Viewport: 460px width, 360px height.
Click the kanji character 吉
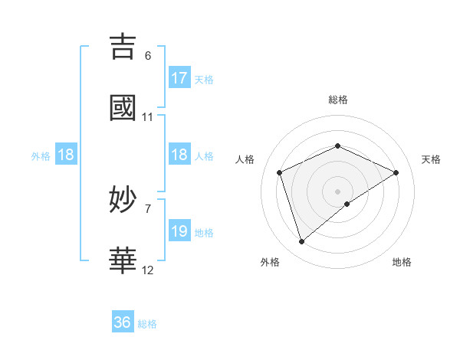tap(123, 47)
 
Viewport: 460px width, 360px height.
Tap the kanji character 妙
tap(123, 200)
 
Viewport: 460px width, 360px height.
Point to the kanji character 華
tap(123, 260)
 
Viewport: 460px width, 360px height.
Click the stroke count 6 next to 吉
tap(148, 56)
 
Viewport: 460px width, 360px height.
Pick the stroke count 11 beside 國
tap(148, 117)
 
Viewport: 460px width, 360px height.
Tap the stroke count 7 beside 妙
tap(148, 209)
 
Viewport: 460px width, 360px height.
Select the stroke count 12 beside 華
tap(148, 270)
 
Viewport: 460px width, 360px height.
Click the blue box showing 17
tap(179, 78)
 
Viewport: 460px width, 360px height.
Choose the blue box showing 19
tap(179, 231)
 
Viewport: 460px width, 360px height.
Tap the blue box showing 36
tap(123, 322)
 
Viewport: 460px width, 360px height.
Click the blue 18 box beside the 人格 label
tap(179, 155)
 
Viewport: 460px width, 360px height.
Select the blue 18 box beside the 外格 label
tap(66, 155)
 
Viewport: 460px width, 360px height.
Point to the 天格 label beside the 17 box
tap(204, 80)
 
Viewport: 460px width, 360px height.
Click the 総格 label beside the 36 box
tap(147, 324)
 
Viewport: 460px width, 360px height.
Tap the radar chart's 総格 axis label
tap(338, 100)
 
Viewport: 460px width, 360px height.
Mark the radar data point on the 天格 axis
tap(396, 172)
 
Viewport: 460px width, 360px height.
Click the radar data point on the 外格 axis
tap(301, 242)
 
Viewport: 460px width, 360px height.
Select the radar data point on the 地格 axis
tap(347, 204)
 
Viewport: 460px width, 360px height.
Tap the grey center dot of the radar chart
tap(338, 191)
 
